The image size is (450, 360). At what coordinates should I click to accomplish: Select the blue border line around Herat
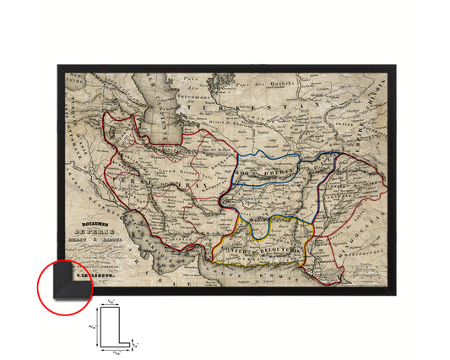268,155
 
